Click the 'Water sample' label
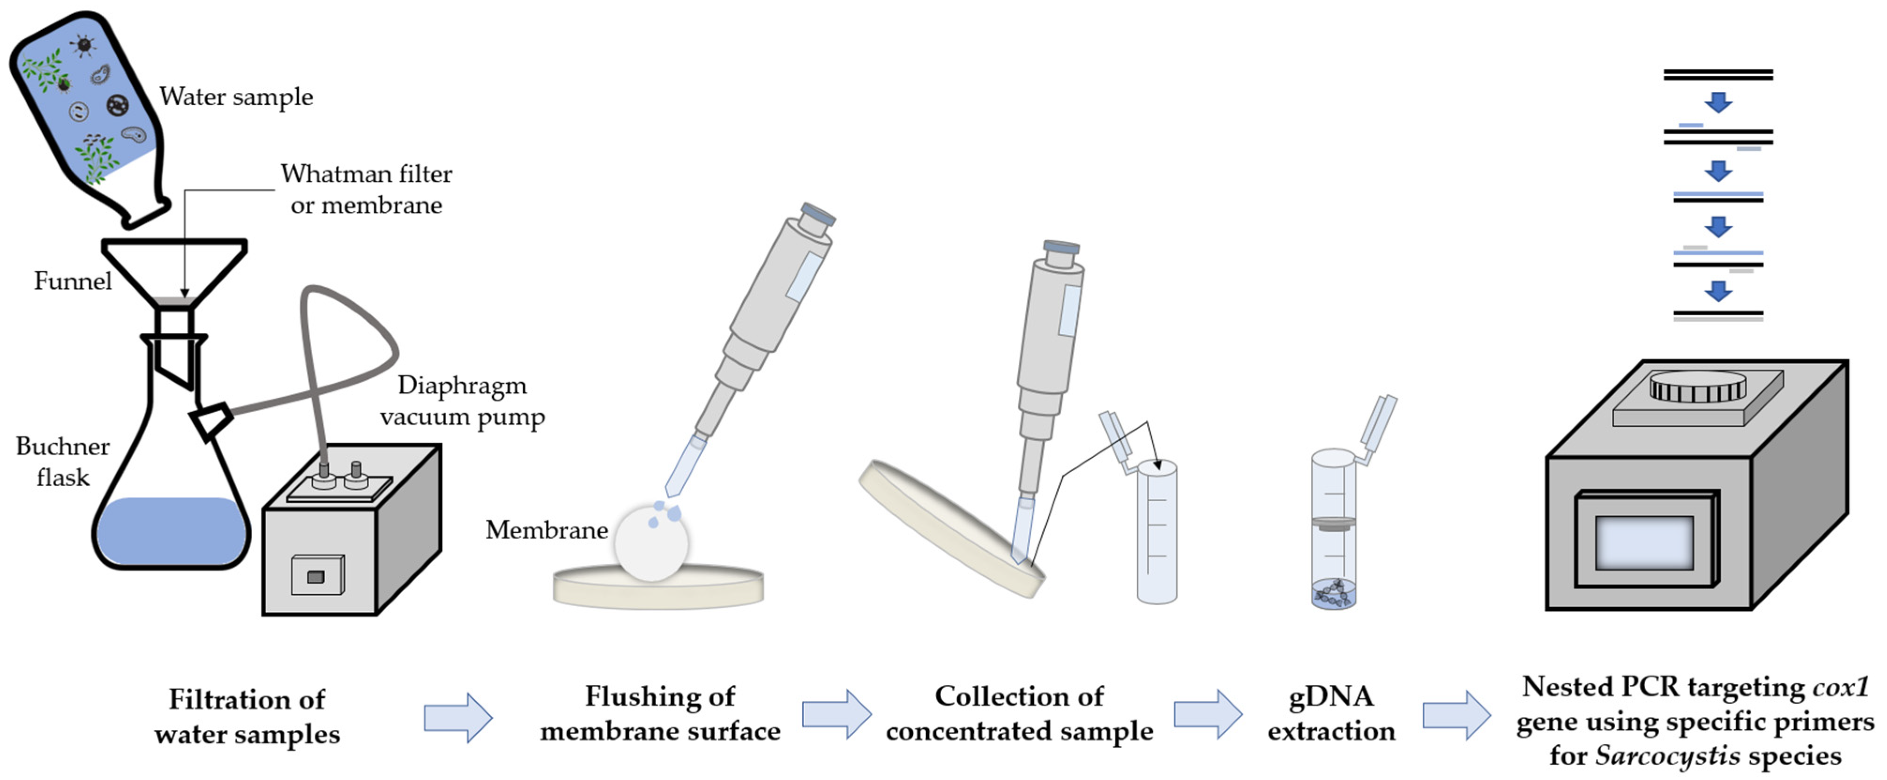236,97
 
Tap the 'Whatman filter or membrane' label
366,189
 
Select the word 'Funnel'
73,281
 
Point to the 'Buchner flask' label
63,461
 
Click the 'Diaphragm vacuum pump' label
462,401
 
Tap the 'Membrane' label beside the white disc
546,529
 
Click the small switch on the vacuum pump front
316,576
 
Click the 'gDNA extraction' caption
1331,713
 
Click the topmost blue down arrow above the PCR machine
1718,102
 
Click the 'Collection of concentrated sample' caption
1019,713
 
